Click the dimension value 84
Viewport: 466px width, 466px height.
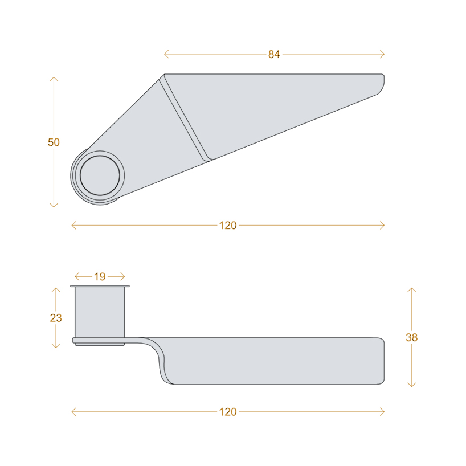274,54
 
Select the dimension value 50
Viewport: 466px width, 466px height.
54,142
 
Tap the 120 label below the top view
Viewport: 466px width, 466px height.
227,226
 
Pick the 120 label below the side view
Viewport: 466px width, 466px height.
227,412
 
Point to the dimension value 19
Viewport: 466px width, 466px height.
100,277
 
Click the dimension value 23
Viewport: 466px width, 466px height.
56,318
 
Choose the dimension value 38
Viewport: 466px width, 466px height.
411,337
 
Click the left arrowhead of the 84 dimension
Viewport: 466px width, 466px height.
165,54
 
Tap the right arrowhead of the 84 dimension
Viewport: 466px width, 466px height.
383,54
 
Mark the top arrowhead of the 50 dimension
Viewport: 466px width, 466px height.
54,78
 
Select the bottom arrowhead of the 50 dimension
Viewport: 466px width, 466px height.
54,206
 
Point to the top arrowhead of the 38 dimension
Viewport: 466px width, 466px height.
411,289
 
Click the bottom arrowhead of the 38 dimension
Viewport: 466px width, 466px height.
411,386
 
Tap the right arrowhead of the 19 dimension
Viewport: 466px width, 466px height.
123,277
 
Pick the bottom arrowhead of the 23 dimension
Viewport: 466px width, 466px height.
56,346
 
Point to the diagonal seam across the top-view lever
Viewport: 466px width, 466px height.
185,117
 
